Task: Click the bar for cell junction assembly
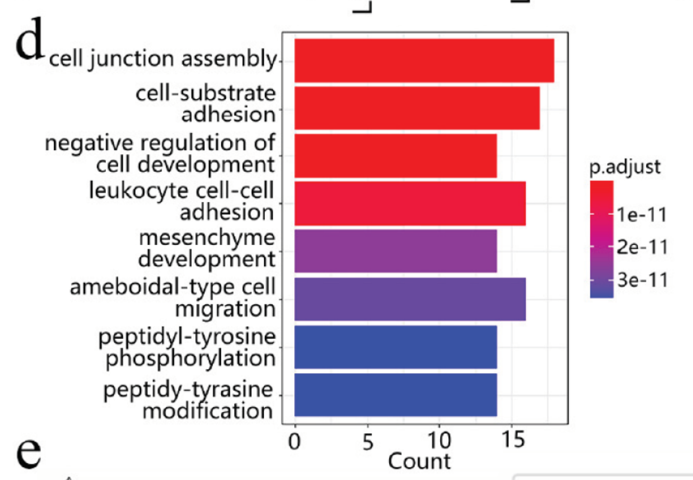pyautogui.click(x=424, y=60)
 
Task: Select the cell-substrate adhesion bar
pyautogui.click(x=417, y=108)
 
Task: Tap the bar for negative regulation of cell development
pyautogui.click(x=395, y=156)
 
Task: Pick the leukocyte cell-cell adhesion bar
pyautogui.click(x=410, y=204)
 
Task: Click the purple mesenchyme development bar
pyautogui.click(x=395, y=251)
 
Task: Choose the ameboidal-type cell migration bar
pyautogui.click(x=410, y=299)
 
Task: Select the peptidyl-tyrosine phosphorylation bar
pyautogui.click(x=395, y=347)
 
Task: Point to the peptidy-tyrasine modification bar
pyautogui.click(x=395, y=395)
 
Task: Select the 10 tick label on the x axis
pyautogui.click(x=439, y=441)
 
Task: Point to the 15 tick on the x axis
pyautogui.click(x=512, y=440)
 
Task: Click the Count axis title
pyautogui.click(x=419, y=461)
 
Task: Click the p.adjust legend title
pyautogui.click(x=625, y=167)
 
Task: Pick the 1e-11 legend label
pyautogui.click(x=642, y=214)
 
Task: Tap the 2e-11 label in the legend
pyautogui.click(x=642, y=247)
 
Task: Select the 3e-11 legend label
pyautogui.click(x=642, y=280)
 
